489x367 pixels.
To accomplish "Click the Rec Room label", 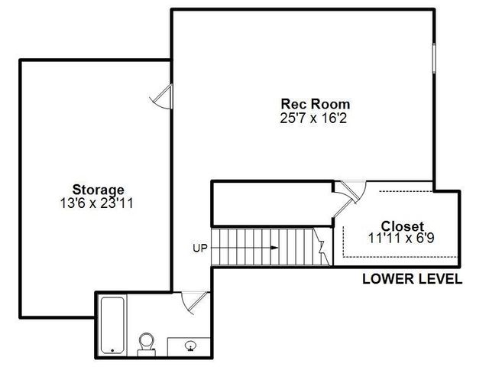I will pyautogui.click(x=315, y=104).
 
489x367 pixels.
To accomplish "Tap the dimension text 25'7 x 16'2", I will pyautogui.click(x=315, y=118).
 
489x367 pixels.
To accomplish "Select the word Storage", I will pyautogui.click(x=98, y=190).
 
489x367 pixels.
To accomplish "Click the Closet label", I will pyautogui.click(x=403, y=226).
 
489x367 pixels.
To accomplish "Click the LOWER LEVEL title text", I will pyautogui.click(x=411, y=280).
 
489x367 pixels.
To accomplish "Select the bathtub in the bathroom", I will pyautogui.click(x=112, y=325).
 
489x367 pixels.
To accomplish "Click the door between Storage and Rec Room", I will pyautogui.click(x=163, y=97).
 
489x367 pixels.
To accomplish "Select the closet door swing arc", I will pyautogui.click(x=353, y=190).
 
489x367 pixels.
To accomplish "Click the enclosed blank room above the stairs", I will pyautogui.click(x=271, y=203).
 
